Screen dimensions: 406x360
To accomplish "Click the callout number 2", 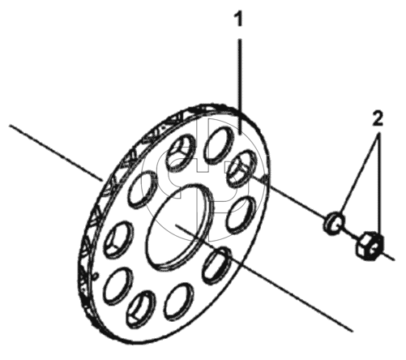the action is point(378,118).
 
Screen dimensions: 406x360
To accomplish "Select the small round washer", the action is point(334,223).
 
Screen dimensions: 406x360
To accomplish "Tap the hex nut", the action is point(370,246).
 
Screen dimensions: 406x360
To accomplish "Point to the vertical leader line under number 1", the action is point(240,86).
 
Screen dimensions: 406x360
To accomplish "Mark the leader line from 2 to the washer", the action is point(360,173).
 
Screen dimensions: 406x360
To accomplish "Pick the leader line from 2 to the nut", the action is point(380,184).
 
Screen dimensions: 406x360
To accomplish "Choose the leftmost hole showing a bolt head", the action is point(118,239).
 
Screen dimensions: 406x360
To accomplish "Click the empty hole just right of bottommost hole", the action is point(178,302).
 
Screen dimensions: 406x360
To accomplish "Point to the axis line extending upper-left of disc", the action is point(56,152).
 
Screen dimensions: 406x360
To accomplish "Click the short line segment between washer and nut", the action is point(350,234).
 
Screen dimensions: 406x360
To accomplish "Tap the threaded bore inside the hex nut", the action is point(374,246).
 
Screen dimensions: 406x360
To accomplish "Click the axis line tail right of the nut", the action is point(388,256).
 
